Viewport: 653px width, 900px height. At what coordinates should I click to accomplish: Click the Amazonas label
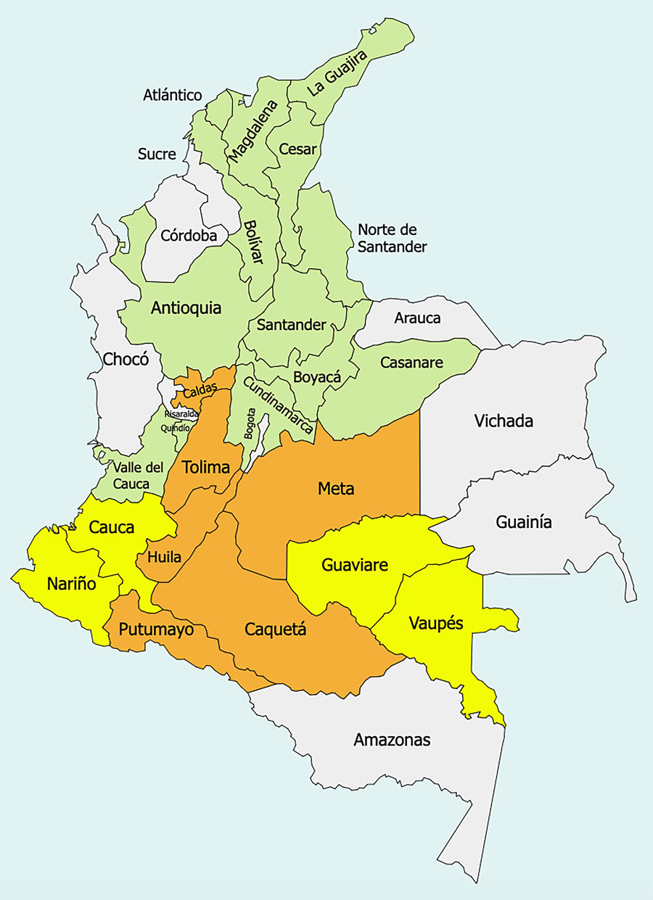click(x=392, y=740)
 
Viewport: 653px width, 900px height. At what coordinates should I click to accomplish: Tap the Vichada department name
click(x=504, y=421)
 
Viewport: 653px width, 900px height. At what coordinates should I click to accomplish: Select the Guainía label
click(x=524, y=521)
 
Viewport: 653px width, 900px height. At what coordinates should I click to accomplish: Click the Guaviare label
click(x=355, y=564)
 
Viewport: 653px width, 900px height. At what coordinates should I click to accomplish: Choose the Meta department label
click(x=336, y=489)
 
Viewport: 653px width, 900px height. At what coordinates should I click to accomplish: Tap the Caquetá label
click(x=275, y=629)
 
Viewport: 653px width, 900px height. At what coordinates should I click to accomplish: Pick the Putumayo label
click(x=157, y=629)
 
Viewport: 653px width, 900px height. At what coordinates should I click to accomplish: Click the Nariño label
click(x=71, y=583)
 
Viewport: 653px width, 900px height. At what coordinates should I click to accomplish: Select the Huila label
click(x=164, y=557)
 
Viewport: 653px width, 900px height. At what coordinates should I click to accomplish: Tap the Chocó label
click(x=126, y=359)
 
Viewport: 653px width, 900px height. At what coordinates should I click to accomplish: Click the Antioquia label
click(x=186, y=308)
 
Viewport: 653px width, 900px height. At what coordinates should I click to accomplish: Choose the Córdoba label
click(x=189, y=236)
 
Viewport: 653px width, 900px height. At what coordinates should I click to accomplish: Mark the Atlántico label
click(x=172, y=95)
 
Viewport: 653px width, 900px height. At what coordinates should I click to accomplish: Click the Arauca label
click(x=417, y=318)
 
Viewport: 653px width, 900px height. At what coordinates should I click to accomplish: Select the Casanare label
click(x=411, y=362)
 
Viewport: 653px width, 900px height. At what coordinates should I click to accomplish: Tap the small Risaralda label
click(x=181, y=414)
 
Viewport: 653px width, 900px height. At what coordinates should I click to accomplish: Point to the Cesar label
click(x=298, y=149)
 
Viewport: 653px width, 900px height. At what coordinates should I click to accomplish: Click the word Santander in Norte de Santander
click(x=392, y=247)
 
